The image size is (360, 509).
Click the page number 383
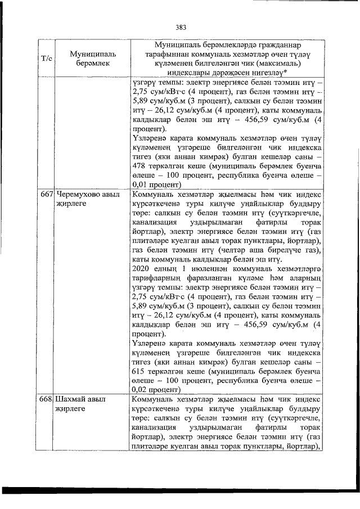(x=181, y=26)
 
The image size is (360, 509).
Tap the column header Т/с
(x=47, y=58)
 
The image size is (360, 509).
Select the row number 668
(x=46, y=399)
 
